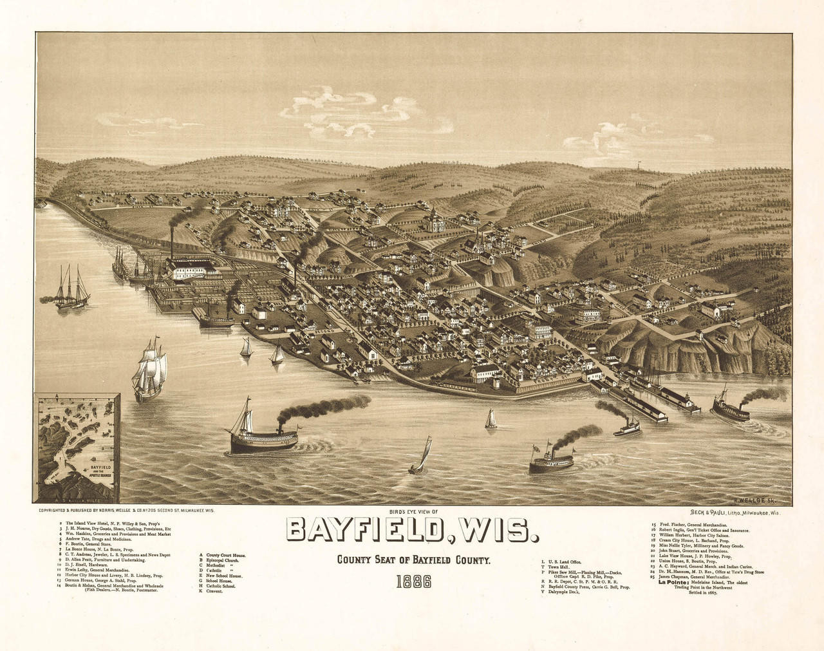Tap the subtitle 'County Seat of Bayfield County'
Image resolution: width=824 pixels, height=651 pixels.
tap(414, 561)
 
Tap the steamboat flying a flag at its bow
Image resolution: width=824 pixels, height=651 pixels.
tap(554, 458)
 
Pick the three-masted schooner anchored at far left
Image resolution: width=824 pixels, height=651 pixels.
tap(71, 290)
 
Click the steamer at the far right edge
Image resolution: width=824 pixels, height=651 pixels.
tap(731, 407)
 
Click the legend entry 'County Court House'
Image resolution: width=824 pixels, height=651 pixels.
tap(223, 554)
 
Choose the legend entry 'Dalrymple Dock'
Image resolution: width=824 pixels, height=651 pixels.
tap(566, 592)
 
